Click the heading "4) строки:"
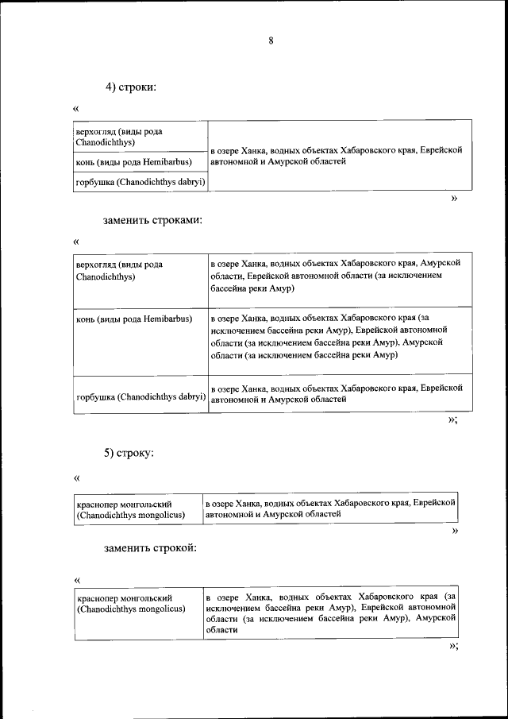click(131, 87)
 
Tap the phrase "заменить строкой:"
click(149, 547)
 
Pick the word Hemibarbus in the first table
click(170, 163)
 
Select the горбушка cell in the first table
click(140, 183)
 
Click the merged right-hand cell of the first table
click(335, 156)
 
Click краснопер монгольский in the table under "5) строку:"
click(130, 509)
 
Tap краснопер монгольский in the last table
click(130, 602)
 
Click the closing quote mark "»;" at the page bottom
click(453, 646)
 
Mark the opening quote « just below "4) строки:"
click(76, 109)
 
